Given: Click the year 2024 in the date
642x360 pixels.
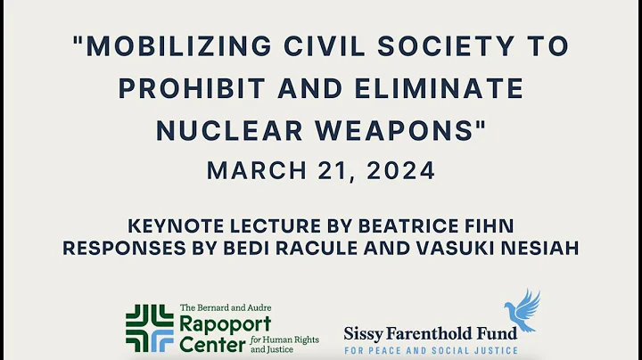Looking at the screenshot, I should pos(399,169).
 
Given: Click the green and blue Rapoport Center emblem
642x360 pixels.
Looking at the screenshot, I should pos(149,328).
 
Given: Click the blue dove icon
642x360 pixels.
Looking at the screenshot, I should pos(523,310).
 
